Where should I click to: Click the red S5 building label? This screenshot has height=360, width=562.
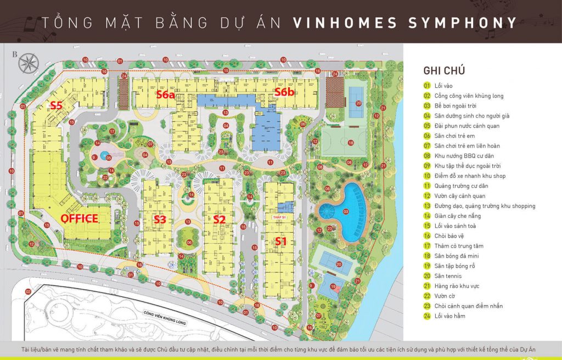(56, 105)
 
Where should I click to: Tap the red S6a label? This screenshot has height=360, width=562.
(165, 94)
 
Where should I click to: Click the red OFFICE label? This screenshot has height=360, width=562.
(79, 218)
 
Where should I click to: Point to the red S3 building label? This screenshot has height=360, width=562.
(160, 220)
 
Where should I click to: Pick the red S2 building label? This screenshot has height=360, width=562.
(220, 220)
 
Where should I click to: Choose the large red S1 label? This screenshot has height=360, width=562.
(281, 240)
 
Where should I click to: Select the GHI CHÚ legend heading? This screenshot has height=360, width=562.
(444, 70)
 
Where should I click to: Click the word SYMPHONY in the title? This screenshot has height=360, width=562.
(463, 23)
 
